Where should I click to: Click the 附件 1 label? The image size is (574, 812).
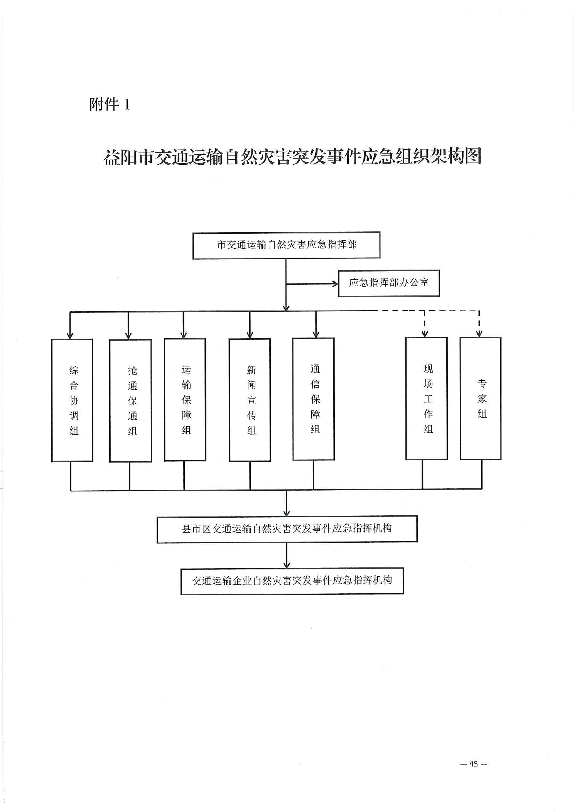point(110,105)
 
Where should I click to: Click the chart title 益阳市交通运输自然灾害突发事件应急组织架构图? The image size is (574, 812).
point(292,157)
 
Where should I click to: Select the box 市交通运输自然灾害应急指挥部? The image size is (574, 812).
point(286,245)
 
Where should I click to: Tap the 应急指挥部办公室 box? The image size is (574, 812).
point(388,283)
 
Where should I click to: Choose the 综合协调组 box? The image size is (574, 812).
point(72,400)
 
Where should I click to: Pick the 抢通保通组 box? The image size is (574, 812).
point(130,400)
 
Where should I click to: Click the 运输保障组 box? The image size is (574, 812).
point(185,400)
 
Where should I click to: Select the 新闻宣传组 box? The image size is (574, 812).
point(250,400)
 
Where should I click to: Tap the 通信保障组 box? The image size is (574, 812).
point(313,399)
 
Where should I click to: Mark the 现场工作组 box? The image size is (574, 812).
point(426,398)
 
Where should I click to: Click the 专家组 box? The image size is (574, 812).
point(480,398)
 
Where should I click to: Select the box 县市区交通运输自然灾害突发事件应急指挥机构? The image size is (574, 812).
point(287,528)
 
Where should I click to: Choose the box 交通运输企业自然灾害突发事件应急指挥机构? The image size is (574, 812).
point(292,581)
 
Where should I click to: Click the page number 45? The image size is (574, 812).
point(473,764)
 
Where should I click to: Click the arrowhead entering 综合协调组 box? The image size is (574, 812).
point(70,335)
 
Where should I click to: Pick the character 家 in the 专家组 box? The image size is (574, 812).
point(482,398)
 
